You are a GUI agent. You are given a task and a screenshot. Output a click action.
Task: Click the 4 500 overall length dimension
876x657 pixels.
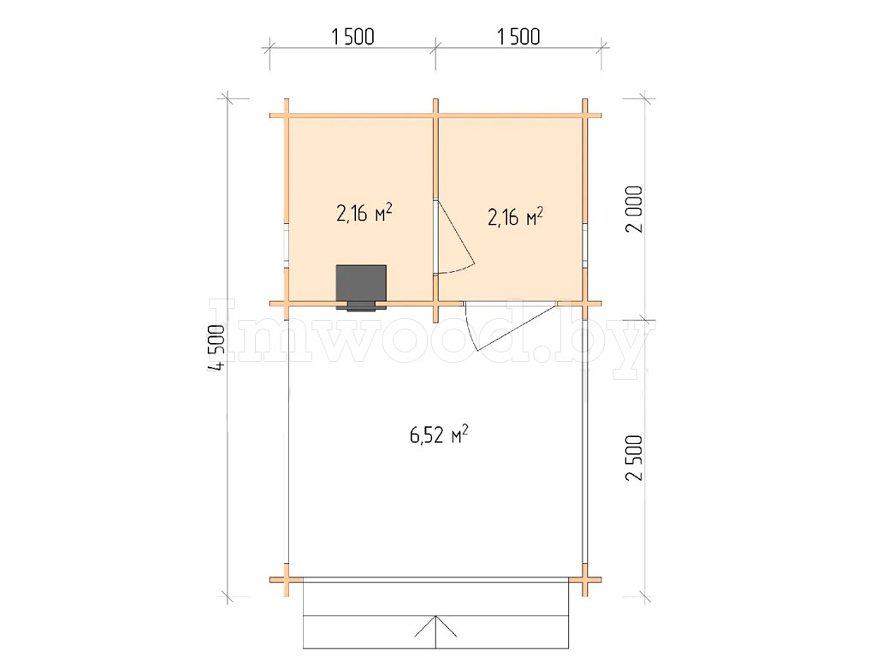pos(216,347)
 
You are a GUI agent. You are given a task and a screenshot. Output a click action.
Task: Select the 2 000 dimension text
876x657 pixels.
pos(635,210)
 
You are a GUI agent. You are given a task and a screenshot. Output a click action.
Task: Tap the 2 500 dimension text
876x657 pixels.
pos(635,459)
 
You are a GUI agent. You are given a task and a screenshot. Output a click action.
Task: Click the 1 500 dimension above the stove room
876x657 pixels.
pos(352,37)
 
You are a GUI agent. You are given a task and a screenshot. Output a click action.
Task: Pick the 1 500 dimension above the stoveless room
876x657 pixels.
pos(518,37)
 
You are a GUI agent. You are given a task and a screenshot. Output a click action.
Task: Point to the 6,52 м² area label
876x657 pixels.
pos(439,434)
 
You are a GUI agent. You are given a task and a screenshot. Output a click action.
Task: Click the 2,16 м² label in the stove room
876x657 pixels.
pos(364,212)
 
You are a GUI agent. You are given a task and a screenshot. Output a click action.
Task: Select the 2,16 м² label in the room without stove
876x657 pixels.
pos(516,216)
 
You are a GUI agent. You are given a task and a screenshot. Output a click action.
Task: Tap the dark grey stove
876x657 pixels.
pos(361,284)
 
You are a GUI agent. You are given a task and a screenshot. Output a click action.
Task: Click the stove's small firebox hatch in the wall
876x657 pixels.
pos(362,306)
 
